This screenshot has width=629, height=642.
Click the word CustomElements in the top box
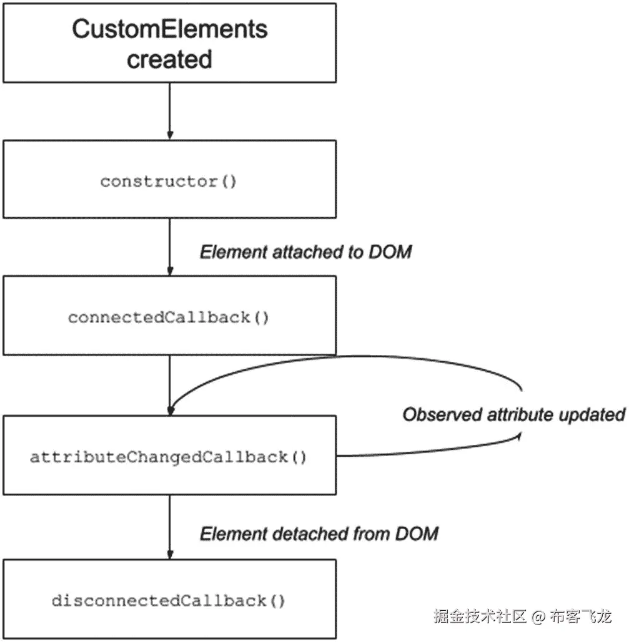tap(170, 29)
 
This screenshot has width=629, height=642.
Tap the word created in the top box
tap(170, 61)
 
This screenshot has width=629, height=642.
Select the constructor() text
tap(169, 182)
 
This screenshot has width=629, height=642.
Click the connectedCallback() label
tap(169, 318)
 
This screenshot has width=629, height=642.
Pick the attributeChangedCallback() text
tap(169, 457)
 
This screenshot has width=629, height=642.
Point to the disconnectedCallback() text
tap(169, 601)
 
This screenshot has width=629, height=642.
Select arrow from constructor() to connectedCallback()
tap(169, 246)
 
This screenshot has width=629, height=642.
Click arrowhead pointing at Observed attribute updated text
tap(518, 437)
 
